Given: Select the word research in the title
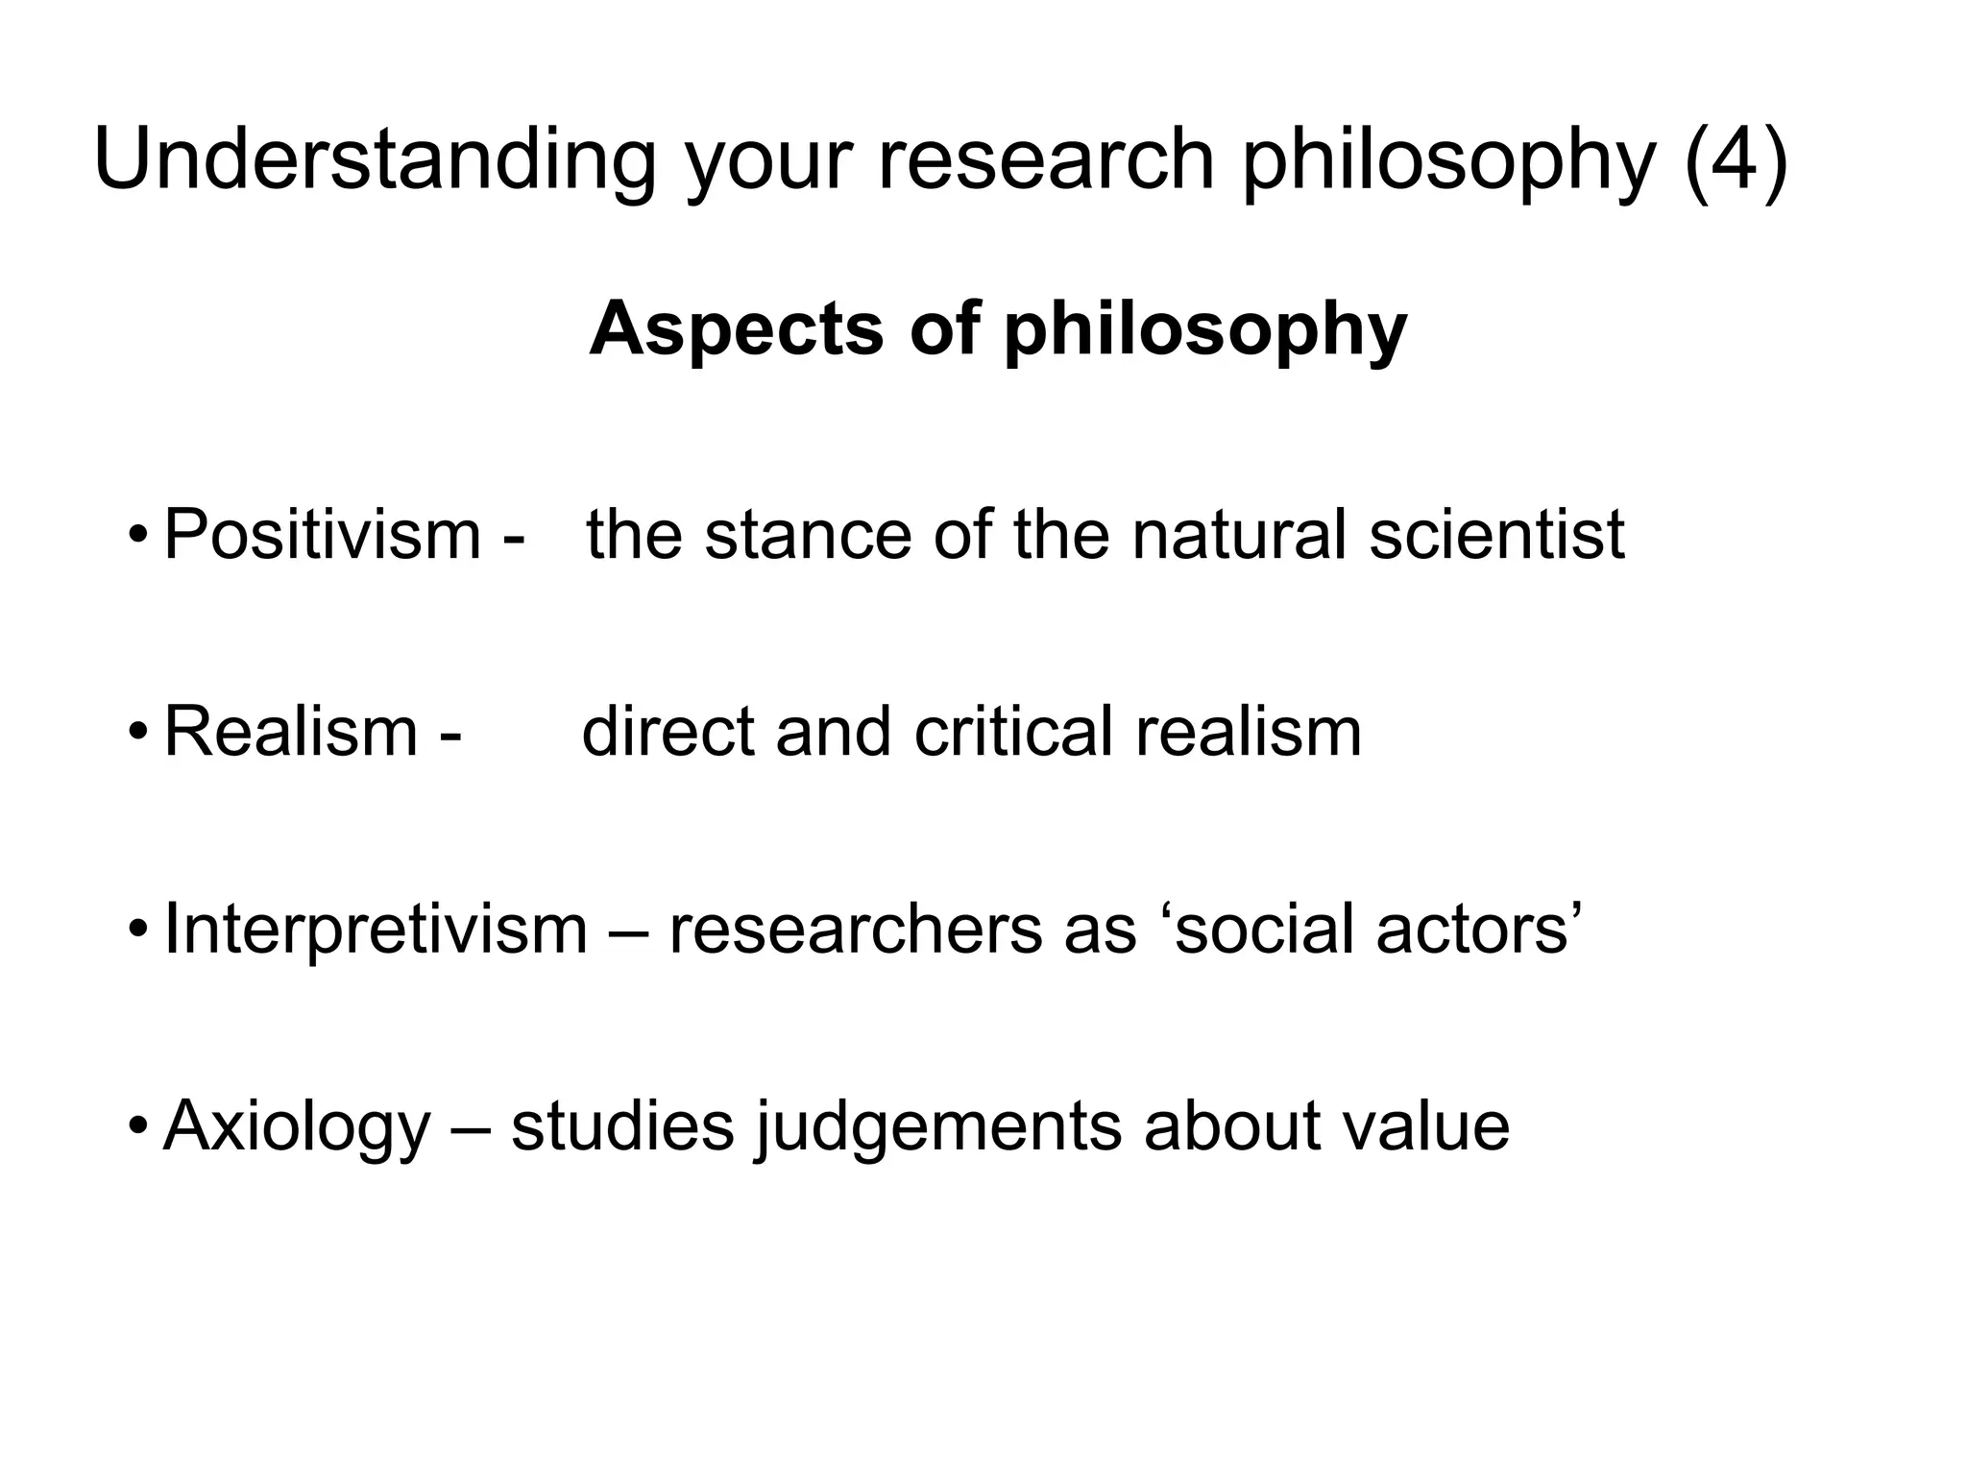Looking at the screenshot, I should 1047,161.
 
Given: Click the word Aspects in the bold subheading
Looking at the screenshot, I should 736,329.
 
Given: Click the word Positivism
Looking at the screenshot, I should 322,534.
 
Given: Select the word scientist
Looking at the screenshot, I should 1496,534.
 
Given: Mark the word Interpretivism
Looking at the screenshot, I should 376,930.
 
